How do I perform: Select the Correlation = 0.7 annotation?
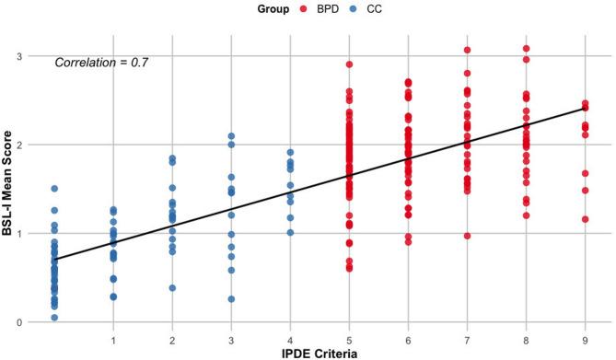[101, 63]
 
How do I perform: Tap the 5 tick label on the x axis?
[349, 338]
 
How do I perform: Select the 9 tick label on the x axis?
[585, 338]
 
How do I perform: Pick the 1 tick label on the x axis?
[113, 338]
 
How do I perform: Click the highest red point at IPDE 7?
[467, 51]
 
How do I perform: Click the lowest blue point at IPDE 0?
[54, 318]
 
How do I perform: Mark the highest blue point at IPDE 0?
[54, 189]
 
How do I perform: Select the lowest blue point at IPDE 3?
[231, 299]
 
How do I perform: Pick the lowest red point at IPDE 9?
[585, 219]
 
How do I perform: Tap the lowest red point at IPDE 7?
[467, 236]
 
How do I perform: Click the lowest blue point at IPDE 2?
[172, 288]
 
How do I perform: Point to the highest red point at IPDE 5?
[349, 64]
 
